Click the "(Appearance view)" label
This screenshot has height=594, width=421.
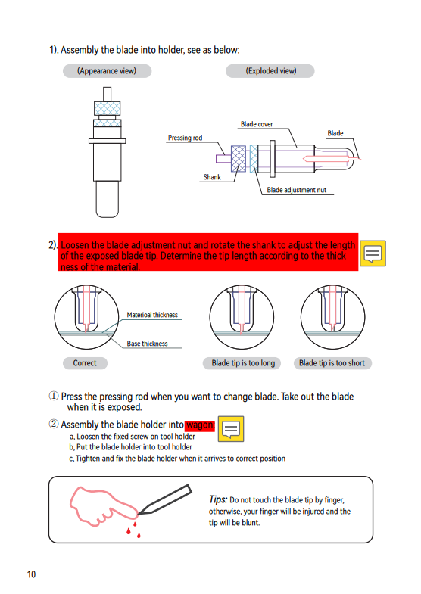click(x=107, y=71)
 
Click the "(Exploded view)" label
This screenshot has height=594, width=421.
click(x=270, y=71)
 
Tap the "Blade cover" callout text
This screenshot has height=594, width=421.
click(x=257, y=124)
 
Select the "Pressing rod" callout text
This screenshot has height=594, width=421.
click(x=185, y=138)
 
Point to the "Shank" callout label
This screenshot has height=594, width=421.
click(x=212, y=177)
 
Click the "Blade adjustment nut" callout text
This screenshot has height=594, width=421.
click(x=296, y=190)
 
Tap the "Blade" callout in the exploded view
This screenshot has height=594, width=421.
click(x=335, y=133)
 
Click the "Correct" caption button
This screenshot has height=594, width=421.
click(x=85, y=363)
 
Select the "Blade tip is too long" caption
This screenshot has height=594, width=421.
click(x=243, y=363)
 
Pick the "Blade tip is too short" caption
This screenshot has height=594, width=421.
click(x=332, y=363)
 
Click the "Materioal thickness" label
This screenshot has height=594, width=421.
click(x=152, y=315)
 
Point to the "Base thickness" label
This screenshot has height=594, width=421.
click(x=147, y=344)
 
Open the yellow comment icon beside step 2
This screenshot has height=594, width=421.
click(x=373, y=253)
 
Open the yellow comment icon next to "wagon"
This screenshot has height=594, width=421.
click(x=231, y=429)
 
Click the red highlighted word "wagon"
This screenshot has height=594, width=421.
click(x=200, y=425)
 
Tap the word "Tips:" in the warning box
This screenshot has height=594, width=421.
click(x=218, y=499)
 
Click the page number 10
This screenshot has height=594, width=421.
click(x=31, y=574)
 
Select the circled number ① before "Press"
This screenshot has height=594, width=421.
click(x=54, y=397)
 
